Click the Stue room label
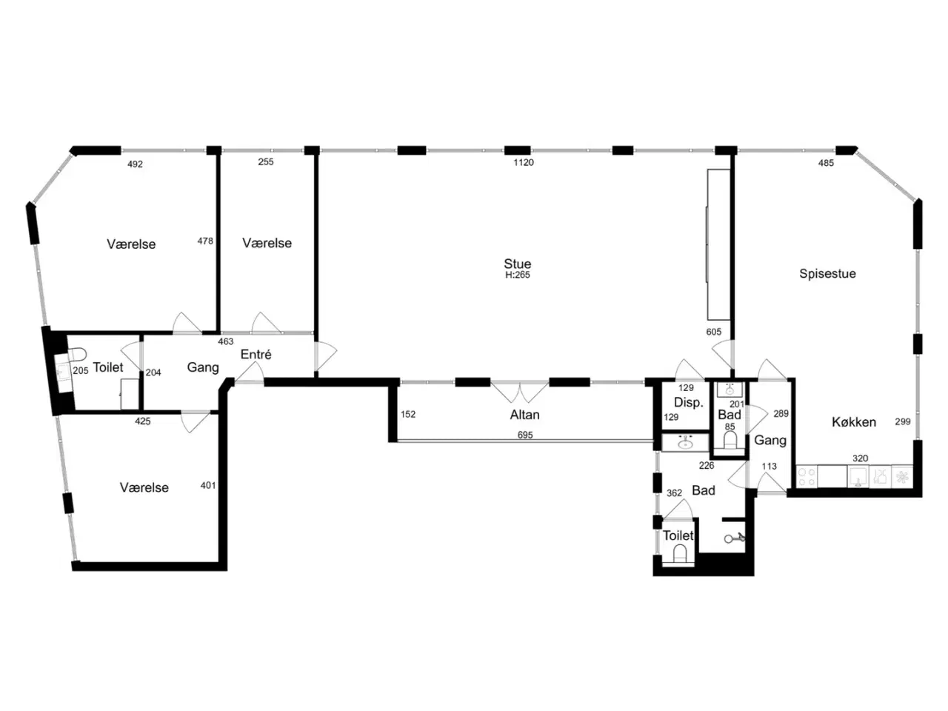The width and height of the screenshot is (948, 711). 517,264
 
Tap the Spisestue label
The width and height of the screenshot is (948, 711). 827,274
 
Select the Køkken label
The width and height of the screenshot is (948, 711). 853,421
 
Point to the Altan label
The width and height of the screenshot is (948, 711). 524,415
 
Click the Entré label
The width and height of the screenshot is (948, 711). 256,355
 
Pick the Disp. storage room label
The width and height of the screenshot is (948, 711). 689,403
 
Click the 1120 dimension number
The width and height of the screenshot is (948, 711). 524,162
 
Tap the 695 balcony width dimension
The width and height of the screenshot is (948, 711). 525,435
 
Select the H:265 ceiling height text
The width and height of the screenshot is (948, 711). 518,275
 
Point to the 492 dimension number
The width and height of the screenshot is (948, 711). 136,164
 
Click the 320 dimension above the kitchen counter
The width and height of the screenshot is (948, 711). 860,458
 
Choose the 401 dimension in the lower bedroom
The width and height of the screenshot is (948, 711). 207,486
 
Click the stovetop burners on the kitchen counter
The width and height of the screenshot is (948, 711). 806,477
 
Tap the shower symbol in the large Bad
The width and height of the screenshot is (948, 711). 735,538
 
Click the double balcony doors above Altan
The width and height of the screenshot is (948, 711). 520,392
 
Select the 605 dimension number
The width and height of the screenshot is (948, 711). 713,332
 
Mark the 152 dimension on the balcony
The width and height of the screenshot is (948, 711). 407,415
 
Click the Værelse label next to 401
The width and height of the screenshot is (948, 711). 144,488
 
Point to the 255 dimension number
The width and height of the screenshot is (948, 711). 266,162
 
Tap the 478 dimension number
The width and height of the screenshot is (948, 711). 205,241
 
